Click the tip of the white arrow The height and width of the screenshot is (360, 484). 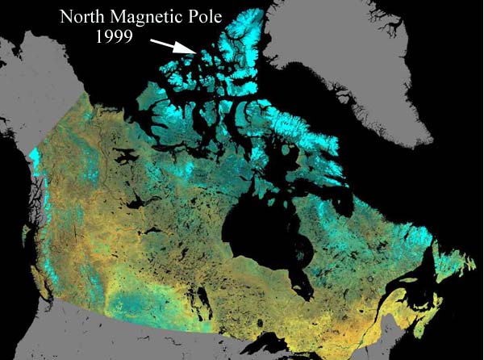tap(196, 53)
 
